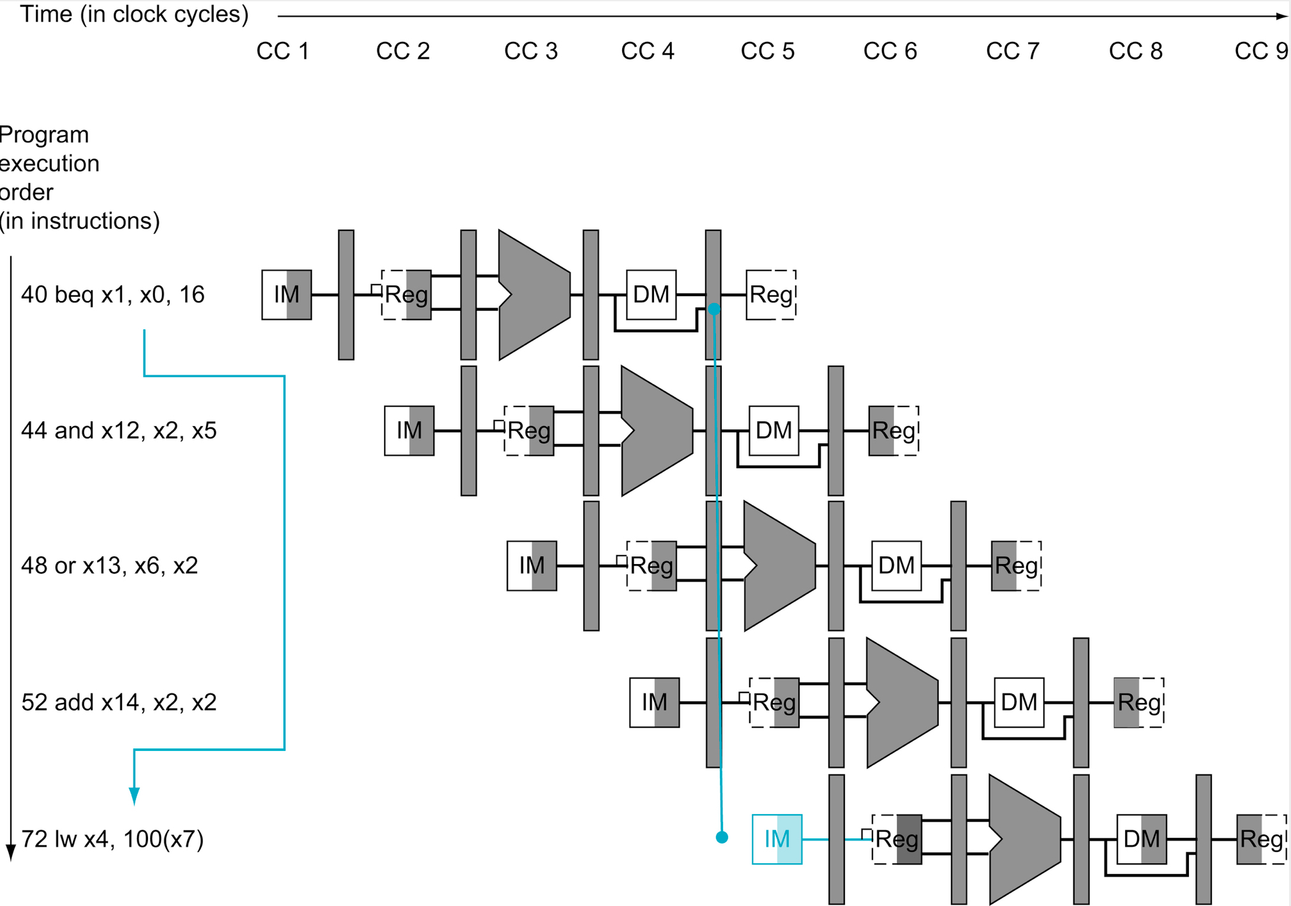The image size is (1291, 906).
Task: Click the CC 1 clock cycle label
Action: coord(283,51)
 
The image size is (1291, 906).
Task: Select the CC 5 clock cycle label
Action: coord(767,51)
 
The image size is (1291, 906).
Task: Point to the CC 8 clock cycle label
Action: coord(1135,51)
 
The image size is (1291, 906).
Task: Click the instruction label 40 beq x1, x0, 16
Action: coord(112,295)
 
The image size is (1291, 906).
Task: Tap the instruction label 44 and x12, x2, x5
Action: coord(119,431)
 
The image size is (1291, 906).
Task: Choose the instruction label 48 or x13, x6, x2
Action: coord(109,566)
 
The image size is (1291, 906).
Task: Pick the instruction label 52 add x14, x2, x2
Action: coord(119,702)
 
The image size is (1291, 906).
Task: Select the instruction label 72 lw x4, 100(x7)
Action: coord(112,839)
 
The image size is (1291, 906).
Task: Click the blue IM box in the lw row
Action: coord(777,839)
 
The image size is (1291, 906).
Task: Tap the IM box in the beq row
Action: coord(287,295)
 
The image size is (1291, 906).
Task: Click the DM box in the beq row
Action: coord(651,295)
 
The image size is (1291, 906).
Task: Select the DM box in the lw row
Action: coord(1141,839)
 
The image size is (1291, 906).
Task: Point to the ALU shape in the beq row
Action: coord(534,295)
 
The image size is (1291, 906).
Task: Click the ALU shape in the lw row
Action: coord(1024,839)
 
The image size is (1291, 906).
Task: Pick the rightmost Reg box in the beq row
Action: coord(771,295)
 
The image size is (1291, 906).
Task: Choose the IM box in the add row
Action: coord(654,702)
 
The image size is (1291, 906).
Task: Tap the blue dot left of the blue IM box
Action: coord(722,837)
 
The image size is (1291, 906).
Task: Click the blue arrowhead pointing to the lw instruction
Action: coord(134,796)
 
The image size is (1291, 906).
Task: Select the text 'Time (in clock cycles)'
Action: coord(134,14)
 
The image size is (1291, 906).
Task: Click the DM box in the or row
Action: coord(896,566)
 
